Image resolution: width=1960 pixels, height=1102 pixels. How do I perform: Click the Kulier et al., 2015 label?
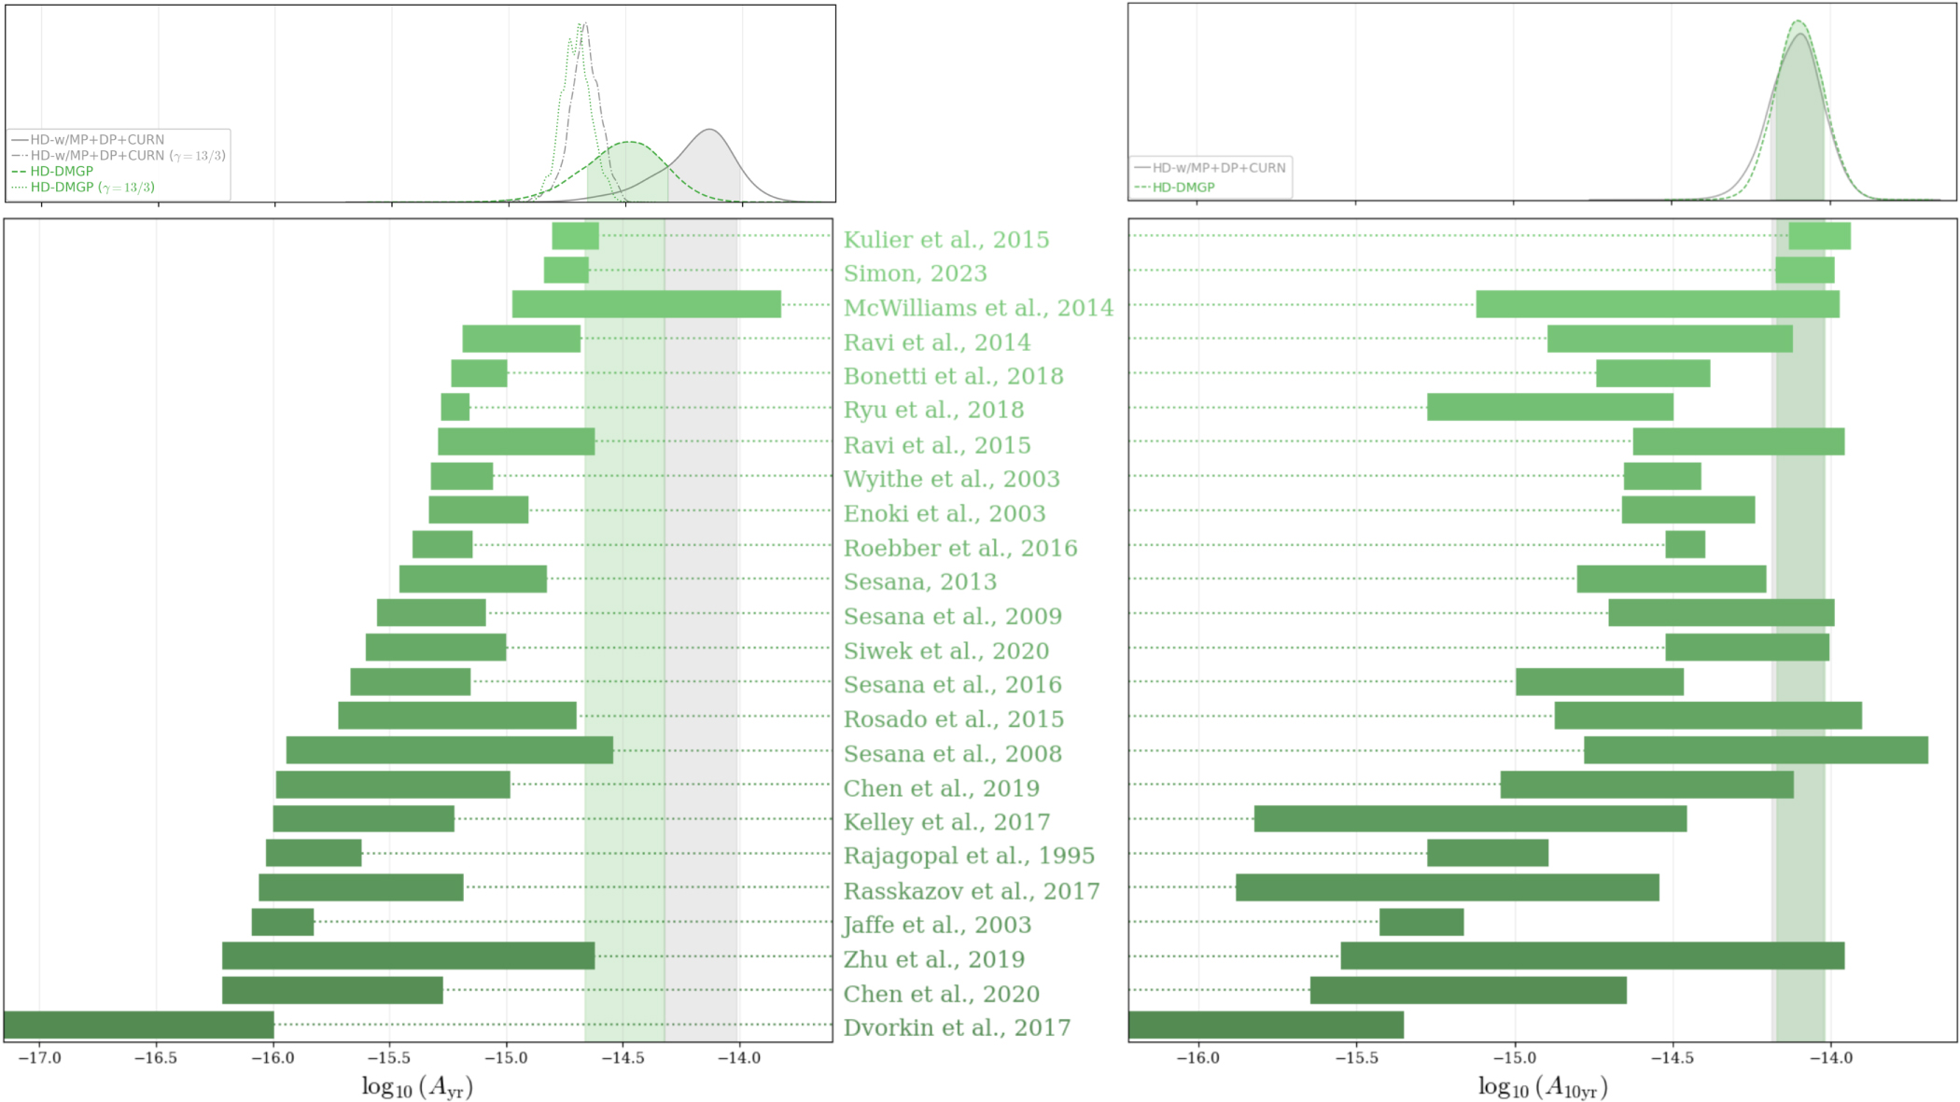(945, 240)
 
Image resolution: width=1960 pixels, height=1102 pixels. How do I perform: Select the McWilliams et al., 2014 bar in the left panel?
(646, 304)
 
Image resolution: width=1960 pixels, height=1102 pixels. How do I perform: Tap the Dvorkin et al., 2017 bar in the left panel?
(139, 1025)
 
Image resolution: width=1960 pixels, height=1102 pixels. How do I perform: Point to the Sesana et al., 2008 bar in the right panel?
(1756, 750)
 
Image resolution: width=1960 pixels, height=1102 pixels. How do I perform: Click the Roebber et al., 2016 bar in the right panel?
(1685, 544)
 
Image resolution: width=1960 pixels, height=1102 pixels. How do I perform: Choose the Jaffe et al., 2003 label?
(937, 925)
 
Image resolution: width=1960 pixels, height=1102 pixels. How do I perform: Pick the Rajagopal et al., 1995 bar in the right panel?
(1487, 853)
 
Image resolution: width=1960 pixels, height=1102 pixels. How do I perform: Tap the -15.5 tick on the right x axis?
(1355, 1058)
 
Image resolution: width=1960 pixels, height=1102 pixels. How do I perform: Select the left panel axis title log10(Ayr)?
(417, 1086)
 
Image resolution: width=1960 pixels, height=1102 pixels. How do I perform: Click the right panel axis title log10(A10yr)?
(1542, 1086)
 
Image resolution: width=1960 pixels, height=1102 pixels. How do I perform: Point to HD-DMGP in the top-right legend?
(1183, 188)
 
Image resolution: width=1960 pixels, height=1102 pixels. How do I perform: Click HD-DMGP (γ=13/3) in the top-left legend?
(92, 188)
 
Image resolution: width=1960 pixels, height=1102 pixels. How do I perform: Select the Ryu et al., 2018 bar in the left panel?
(455, 407)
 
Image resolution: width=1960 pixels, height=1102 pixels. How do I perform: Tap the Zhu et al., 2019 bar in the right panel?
(1592, 956)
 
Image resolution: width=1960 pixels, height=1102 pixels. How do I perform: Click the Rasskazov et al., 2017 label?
(971, 891)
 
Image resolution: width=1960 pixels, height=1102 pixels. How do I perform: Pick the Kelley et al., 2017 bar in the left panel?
(363, 818)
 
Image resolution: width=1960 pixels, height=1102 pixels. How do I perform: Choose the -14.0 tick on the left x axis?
(739, 1058)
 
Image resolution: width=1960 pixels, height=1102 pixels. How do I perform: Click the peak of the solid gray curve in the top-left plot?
(709, 130)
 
